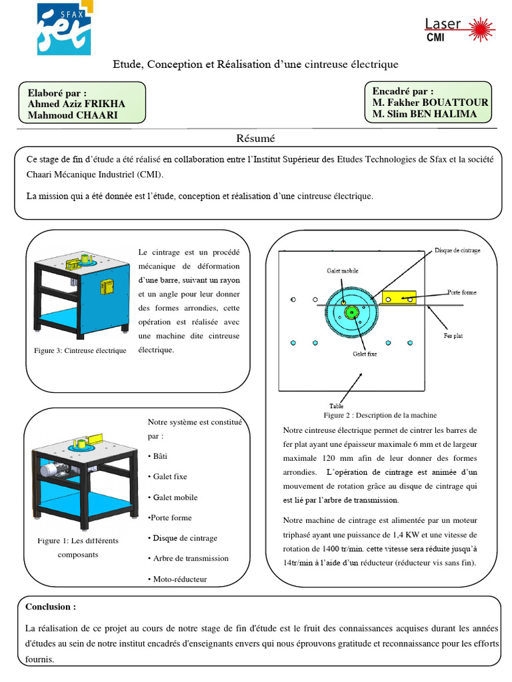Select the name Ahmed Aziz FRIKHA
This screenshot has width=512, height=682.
pos(76,104)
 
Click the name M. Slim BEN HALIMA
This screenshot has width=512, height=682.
pos(425,114)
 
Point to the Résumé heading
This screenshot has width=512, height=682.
pos(256,139)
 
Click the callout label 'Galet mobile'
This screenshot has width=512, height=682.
pos(342,271)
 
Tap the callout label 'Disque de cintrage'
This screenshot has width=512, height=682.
pos(457,250)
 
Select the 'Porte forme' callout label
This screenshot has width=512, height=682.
pos(461,292)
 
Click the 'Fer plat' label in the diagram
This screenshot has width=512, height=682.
pos(453,335)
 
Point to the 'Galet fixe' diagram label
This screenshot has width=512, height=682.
pos(365,354)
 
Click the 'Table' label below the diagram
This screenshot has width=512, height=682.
pos(336,406)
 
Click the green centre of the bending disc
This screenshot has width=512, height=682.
pos(349,311)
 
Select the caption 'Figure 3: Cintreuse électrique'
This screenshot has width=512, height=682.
pos(80,350)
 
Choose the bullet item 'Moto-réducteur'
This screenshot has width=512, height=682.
pos(179,579)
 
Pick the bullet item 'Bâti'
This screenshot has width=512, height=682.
pos(159,456)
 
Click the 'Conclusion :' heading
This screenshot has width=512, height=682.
pos(51,607)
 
